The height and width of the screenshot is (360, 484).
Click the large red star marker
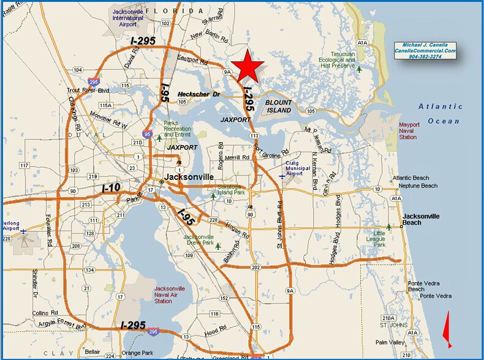point(248,67)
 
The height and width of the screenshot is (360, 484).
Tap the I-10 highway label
point(111,187)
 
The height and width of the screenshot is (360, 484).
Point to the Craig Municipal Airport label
point(295,168)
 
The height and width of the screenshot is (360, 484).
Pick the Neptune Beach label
point(417,186)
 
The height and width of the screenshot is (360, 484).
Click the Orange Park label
point(136,353)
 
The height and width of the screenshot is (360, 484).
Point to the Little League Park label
point(380,238)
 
